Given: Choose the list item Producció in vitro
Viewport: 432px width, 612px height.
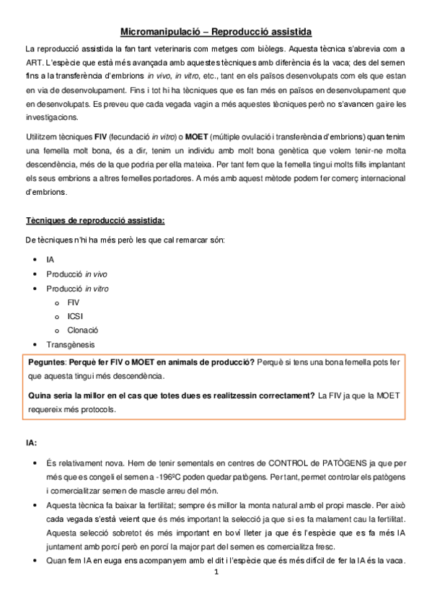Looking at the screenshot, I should tap(76, 288).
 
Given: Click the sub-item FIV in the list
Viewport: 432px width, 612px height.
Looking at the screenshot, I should tap(74, 302).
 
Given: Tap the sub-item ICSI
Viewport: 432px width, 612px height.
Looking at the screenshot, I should tap(75, 316).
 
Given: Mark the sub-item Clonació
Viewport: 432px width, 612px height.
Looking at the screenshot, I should tap(82, 330).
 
